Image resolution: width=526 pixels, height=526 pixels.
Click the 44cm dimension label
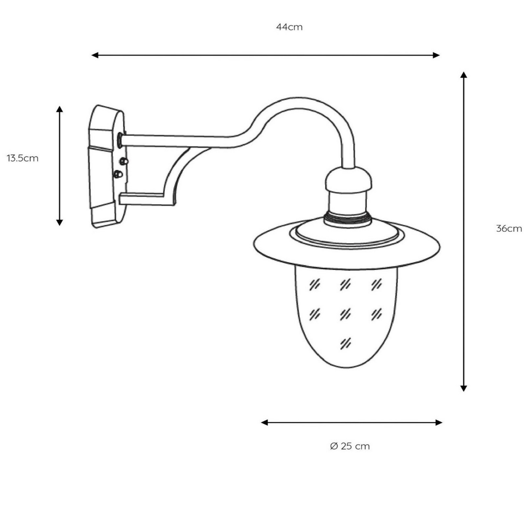289,27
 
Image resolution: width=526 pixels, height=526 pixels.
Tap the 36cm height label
509,229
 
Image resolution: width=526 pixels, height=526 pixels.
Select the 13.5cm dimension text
22,158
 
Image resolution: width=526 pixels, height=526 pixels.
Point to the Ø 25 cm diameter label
350,446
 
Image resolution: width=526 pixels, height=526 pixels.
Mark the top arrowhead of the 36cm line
464,75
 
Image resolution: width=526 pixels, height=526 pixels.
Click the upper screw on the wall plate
123,161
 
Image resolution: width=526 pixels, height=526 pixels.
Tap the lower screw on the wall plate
118,174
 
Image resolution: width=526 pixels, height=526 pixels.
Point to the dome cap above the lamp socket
348,179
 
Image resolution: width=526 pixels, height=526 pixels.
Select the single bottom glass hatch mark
345,343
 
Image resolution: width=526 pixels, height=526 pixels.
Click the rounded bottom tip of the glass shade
347,366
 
